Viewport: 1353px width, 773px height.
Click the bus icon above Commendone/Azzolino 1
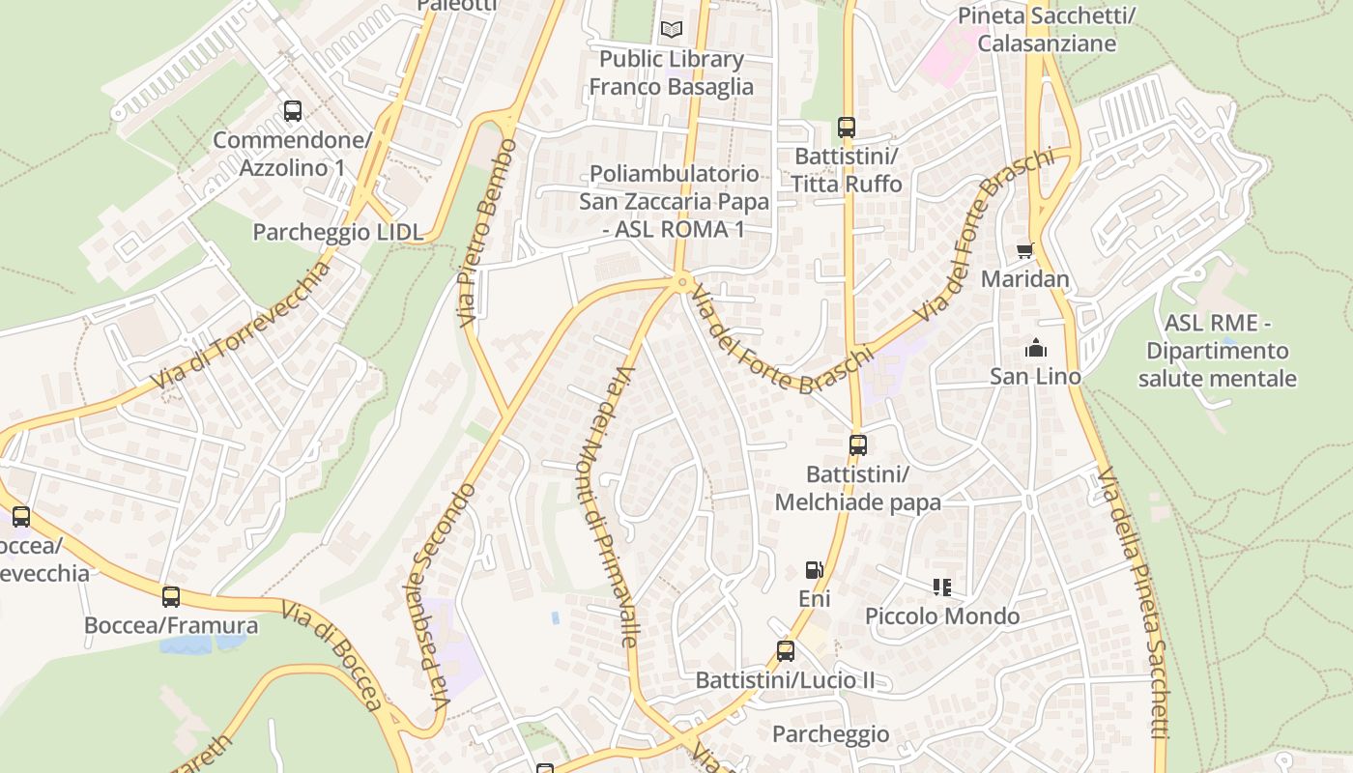293,111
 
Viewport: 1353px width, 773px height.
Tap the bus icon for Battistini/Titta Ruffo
847,128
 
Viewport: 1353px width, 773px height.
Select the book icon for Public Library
671,29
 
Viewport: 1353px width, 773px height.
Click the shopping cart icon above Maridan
1025,250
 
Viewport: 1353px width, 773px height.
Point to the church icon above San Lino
1035,347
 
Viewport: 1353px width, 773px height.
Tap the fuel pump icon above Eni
815,570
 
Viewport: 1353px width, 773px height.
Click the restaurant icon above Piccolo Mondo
942,587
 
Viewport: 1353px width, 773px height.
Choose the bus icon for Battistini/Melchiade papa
858,445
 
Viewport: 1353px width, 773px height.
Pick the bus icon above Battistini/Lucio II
786,651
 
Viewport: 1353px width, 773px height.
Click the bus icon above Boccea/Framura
171,596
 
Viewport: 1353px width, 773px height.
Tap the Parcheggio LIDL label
338,232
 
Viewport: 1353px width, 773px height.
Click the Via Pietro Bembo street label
490,232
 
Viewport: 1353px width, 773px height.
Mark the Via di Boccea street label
333,656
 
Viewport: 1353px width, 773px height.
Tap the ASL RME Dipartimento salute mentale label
1217,351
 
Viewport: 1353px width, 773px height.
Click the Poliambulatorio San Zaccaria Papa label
675,201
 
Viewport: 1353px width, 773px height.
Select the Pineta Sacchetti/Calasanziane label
1046,29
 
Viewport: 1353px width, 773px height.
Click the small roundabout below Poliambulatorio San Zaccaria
682,282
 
